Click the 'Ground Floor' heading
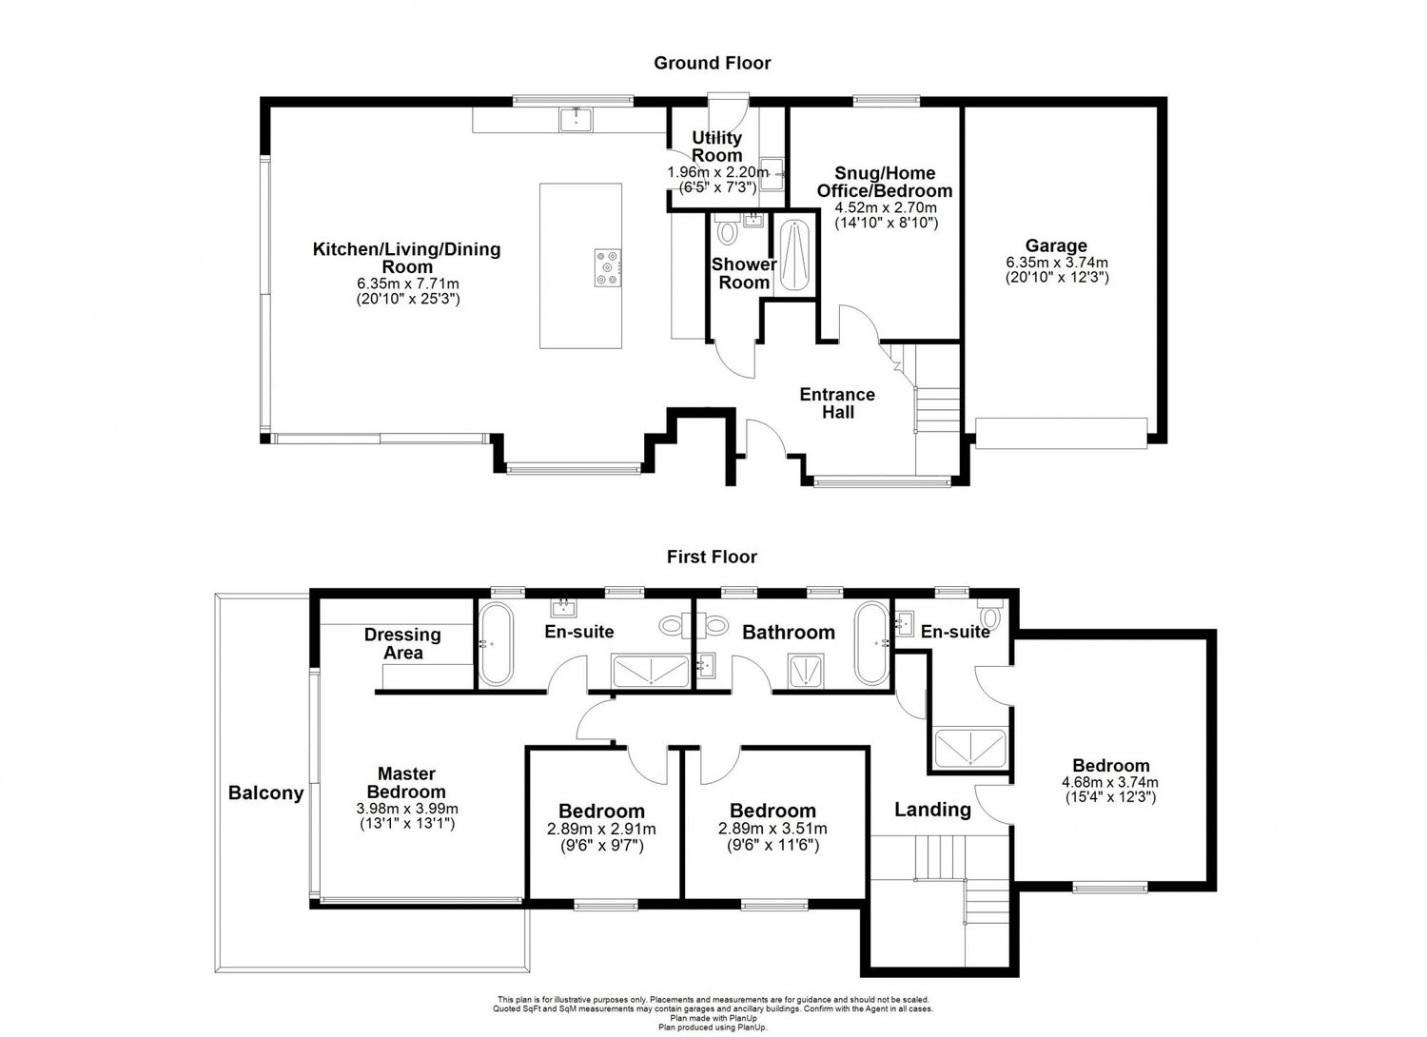point(712,63)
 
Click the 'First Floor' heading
point(712,557)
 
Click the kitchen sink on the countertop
point(576,119)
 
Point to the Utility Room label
point(716,147)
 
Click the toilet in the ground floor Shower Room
point(727,232)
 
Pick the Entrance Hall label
point(837,403)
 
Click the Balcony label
point(265,792)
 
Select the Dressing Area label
point(402,643)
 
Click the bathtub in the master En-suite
point(494,643)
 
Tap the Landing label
point(932,810)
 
